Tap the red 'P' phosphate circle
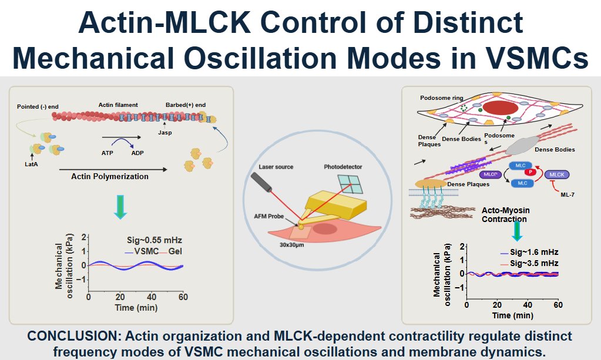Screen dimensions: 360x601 pos(529,171)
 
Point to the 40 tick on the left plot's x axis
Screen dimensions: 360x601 pos(152,295)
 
